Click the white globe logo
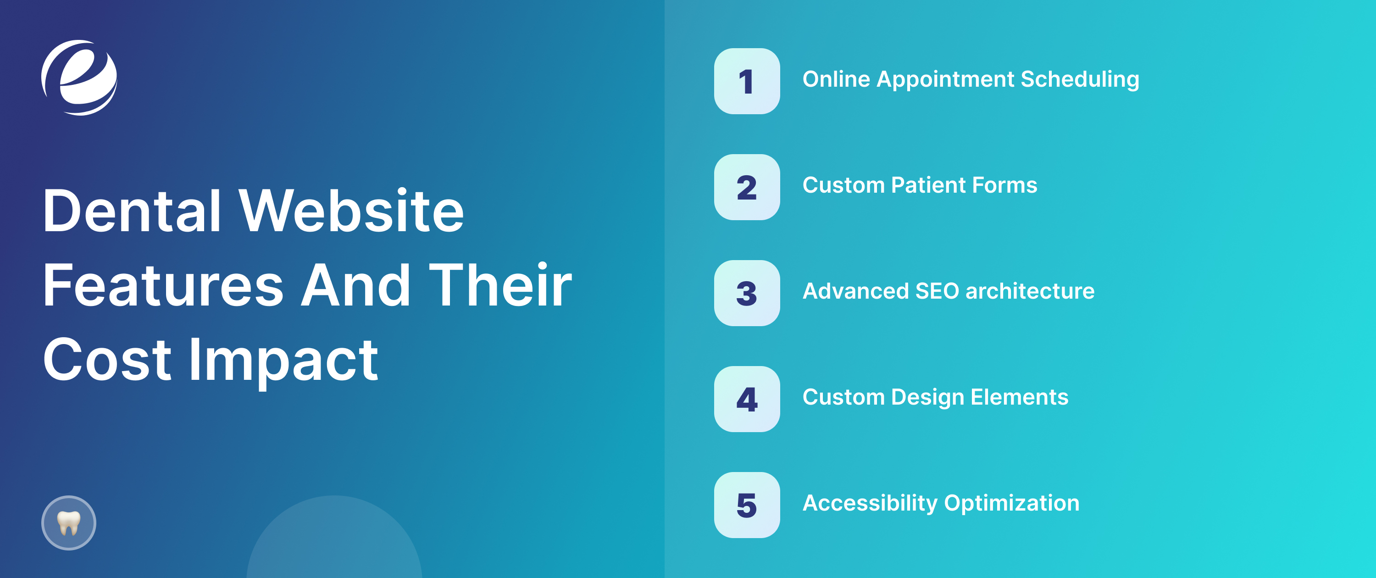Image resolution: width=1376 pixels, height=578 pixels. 79,78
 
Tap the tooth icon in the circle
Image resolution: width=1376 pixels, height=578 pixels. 69,522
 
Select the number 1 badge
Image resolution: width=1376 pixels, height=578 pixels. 747,81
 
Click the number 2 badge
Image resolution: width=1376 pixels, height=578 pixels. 747,187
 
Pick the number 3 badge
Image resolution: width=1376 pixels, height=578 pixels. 747,293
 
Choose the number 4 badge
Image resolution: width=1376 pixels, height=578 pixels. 747,399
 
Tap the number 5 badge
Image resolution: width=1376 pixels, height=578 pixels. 747,505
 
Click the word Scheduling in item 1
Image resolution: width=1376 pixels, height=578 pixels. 1080,80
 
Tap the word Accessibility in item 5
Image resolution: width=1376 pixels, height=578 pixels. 870,503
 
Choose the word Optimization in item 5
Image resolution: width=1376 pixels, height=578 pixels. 1012,503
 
